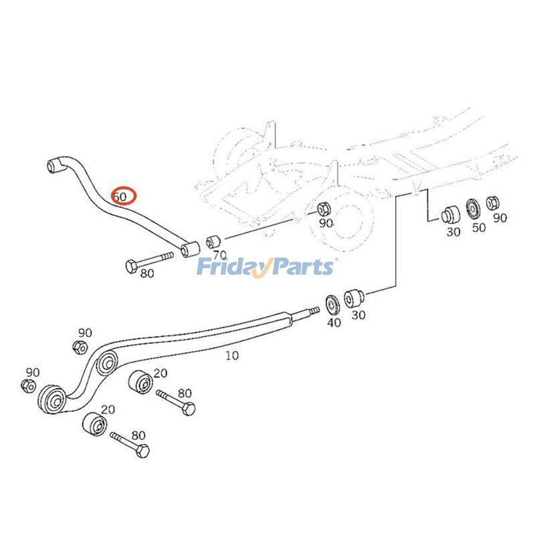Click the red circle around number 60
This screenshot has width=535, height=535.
click(123, 196)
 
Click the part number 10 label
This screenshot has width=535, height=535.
click(231, 356)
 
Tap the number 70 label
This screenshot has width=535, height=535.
click(219, 255)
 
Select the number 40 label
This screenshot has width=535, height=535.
click(334, 322)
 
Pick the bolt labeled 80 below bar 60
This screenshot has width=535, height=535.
click(148, 261)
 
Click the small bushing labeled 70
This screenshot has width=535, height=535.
click(213, 240)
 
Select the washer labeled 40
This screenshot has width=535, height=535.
click(331, 304)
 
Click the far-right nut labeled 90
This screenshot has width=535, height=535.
click(494, 202)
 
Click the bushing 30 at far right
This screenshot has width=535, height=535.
click(449, 215)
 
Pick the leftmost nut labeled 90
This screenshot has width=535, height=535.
click(29, 385)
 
